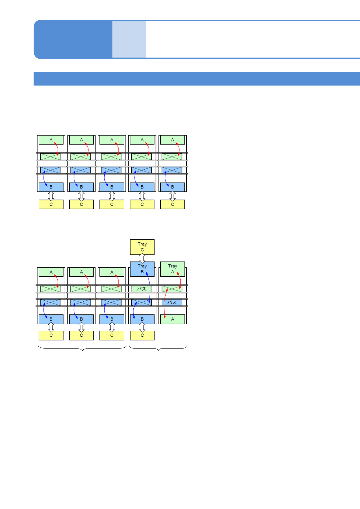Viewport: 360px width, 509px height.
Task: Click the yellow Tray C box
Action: click(x=142, y=247)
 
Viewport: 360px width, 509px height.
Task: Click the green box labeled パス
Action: click(x=141, y=289)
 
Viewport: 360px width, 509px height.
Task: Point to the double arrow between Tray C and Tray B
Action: click(x=142, y=258)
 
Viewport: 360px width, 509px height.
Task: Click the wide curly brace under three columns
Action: click(x=82, y=349)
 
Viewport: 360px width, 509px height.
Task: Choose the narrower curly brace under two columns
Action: click(x=158, y=349)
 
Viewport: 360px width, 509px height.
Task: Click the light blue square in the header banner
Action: click(x=129, y=39)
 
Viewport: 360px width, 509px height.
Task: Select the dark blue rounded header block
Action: click(x=73, y=39)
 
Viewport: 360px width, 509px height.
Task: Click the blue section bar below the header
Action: click(x=197, y=79)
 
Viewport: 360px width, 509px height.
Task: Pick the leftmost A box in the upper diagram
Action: click(x=51, y=140)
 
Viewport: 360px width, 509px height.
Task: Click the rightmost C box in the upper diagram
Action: click(x=172, y=205)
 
